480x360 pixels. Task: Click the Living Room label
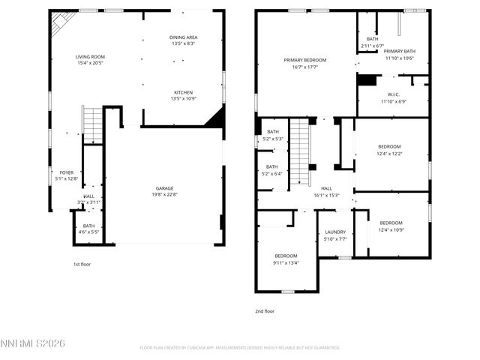click(90, 57)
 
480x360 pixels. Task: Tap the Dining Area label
click(183, 37)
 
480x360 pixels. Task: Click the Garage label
click(165, 188)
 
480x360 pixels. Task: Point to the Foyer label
click(67, 172)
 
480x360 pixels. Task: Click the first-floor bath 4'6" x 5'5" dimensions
click(88, 232)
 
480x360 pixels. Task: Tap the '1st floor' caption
click(82, 264)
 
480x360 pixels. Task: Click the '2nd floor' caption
click(265, 310)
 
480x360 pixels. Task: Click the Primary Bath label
click(399, 51)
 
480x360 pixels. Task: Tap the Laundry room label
click(335, 232)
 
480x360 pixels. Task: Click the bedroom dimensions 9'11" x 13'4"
click(286, 262)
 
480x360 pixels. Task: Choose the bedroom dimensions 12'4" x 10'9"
click(391, 229)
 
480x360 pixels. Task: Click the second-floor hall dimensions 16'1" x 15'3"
click(326, 195)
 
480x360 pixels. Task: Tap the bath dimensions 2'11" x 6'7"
click(372, 45)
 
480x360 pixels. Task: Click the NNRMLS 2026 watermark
click(34, 343)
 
